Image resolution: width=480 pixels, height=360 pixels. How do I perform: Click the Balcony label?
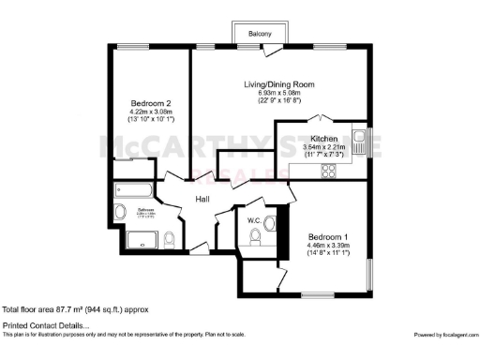pos(261,34)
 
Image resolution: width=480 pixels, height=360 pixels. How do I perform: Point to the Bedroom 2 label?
pos(150,103)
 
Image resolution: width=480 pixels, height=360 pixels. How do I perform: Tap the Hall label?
pos(202,199)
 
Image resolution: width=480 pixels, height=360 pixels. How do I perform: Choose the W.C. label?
pos(254,221)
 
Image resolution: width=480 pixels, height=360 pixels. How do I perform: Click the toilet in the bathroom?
pos(169,240)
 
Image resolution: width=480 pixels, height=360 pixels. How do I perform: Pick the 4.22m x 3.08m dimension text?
pos(150,112)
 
